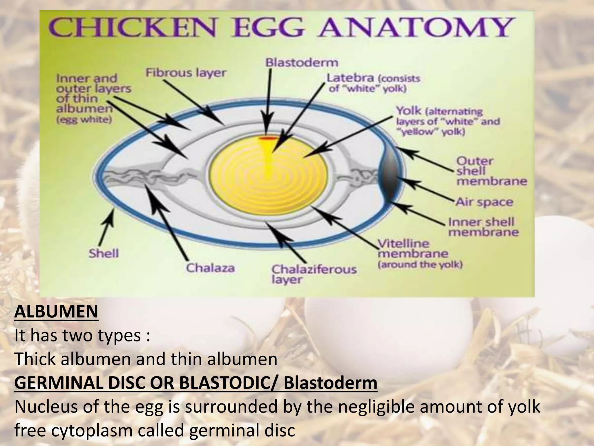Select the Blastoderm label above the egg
302,63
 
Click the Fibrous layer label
186,73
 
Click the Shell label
104,254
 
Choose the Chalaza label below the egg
210,268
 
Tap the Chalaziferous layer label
314,274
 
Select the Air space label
484,202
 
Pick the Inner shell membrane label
483,227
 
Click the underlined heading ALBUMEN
56,312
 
